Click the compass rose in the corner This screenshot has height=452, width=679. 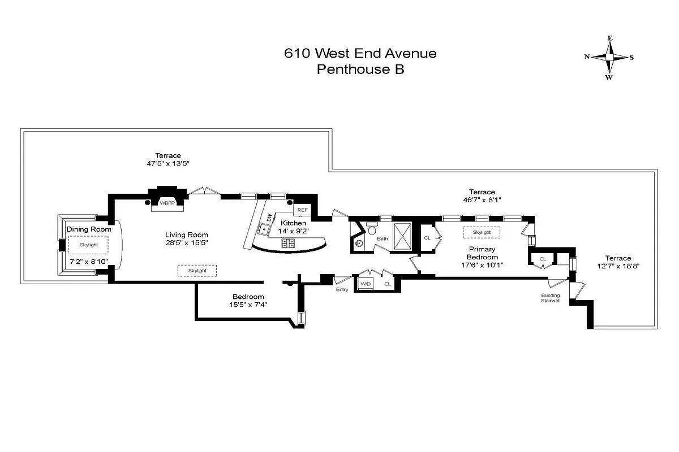pyautogui.click(x=609, y=58)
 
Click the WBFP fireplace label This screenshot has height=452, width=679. pyautogui.click(x=166, y=202)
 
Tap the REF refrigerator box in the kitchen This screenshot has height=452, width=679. pyautogui.click(x=302, y=210)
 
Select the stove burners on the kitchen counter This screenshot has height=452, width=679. pyautogui.click(x=288, y=243)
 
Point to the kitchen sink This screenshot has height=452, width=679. pyautogui.click(x=264, y=229)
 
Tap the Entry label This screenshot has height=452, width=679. pyautogui.click(x=342, y=289)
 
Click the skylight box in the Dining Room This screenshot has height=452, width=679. pyautogui.click(x=88, y=245)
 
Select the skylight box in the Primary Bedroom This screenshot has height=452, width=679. pyautogui.click(x=482, y=232)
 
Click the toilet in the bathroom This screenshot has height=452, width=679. pyautogui.click(x=371, y=230)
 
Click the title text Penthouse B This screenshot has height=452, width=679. pyautogui.click(x=360, y=69)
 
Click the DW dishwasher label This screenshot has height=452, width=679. pyautogui.click(x=269, y=218)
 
